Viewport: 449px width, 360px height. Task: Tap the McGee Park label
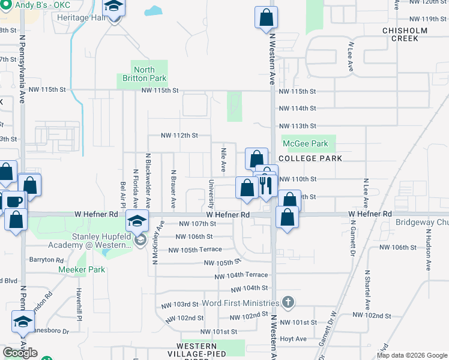click(x=306, y=143)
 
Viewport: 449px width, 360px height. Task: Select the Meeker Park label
click(x=82, y=269)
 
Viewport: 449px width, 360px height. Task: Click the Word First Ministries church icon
click(x=288, y=302)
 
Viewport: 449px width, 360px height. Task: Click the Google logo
click(x=20, y=353)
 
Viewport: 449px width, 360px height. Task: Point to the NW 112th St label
click(x=179, y=136)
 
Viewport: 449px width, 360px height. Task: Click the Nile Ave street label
click(x=223, y=159)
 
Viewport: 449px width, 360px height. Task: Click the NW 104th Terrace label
click(x=241, y=275)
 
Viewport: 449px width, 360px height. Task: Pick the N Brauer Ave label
click(x=173, y=189)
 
